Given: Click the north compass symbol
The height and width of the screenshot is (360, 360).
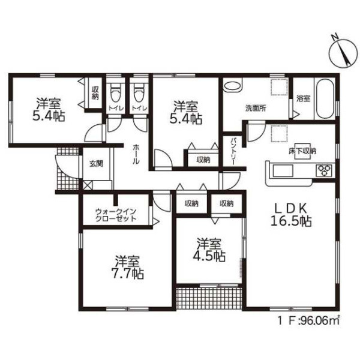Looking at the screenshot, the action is click(x=343, y=54).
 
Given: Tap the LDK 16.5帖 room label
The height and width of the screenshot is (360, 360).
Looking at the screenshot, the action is click(x=291, y=215).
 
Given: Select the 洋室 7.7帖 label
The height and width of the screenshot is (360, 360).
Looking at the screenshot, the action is click(x=127, y=267).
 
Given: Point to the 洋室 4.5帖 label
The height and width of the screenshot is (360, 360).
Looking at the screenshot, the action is click(x=209, y=250).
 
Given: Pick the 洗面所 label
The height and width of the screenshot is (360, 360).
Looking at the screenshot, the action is click(x=256, y=108).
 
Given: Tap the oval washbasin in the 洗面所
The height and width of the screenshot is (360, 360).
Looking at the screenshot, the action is click(x=233, y=86).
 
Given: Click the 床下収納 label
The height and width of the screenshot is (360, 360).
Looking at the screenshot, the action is click(x=302, y=151).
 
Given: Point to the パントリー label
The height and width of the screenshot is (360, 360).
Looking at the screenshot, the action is click(x=233, y=151).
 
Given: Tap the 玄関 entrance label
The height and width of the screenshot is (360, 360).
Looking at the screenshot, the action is click(x=96, y=163).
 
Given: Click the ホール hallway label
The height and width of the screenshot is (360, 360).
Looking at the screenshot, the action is click(x=136, y=154).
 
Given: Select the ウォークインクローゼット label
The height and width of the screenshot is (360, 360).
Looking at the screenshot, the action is click(x=116, y=215).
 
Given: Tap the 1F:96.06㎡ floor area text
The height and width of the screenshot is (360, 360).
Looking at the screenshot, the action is click(x=308, y=321).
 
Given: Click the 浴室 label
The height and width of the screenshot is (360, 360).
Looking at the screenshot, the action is click(x=303, y=98).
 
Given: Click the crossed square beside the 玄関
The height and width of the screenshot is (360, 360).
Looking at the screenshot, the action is click(x=88, y=185).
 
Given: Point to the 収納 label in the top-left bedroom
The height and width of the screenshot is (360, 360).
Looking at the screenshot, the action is click(x=95, y=93).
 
